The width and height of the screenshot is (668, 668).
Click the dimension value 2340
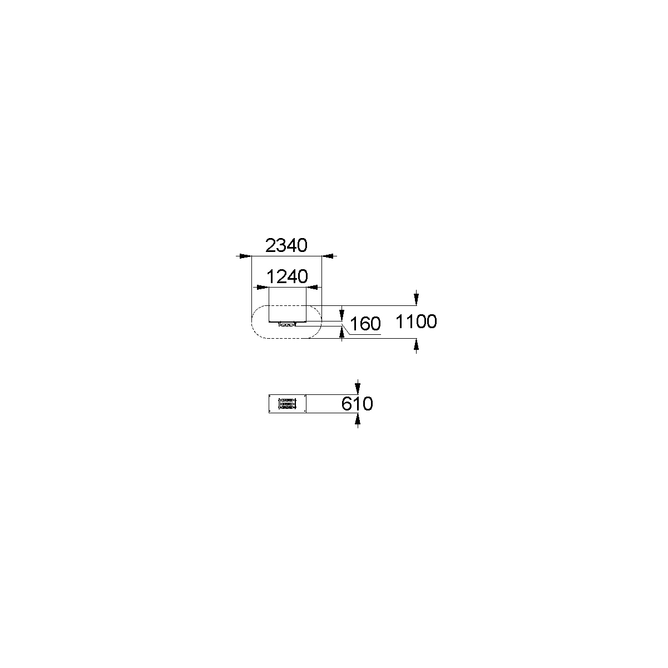pyautogui.click(x=286, y=245)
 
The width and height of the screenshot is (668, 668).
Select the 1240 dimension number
pyautogui.click(x=287, y=276)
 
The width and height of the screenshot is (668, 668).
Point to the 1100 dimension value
pyautogui.click(x=416, y=321)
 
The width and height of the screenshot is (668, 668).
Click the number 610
pyautogui.click(x=357, y=404)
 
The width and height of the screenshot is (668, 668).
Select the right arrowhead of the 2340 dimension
pyautogui.click(x=329, y=256)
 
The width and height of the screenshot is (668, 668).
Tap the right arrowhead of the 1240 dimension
pyautogui.click(x=313, y=287)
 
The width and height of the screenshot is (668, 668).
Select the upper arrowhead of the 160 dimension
pyautogui.click(x=342, y=315)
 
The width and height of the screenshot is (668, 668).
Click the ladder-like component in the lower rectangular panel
pyautogui.click(x=288, y=404)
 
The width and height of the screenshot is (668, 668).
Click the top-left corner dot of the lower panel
pyautogui.click(x=270, y=397)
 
